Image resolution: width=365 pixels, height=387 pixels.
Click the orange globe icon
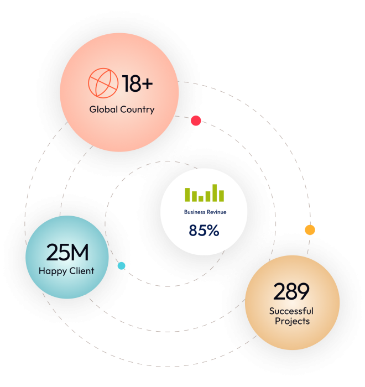[x=103, y=83]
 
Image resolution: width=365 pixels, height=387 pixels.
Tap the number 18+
[x=138, y=84]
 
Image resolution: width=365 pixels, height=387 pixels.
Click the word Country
[x=137, y=109]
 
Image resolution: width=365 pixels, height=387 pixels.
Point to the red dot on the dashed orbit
[x=196, y=121]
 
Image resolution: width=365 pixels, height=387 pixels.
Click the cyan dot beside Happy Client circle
[x=121, y=266]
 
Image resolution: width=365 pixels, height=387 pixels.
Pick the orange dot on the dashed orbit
[x=310, y=229]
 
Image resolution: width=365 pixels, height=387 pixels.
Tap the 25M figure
[x=67, y=252]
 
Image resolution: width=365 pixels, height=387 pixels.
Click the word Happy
[x=52, y=271]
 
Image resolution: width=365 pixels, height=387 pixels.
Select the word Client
[x=81, y=271]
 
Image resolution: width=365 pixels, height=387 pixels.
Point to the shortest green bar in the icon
[x=201, y=198]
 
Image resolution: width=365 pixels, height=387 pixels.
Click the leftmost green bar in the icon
[x=187, y=195]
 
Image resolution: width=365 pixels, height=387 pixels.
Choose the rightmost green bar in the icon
[x=221, y=196]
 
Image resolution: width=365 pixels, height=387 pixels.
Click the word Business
[x=196, y=212]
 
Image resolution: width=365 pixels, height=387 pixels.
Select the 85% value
[x=204, y=231]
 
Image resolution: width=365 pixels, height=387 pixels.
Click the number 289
[x=291, y=291]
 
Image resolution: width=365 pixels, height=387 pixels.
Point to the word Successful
[x=291, y=311]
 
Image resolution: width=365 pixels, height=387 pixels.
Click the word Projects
[x=291, y=321]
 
